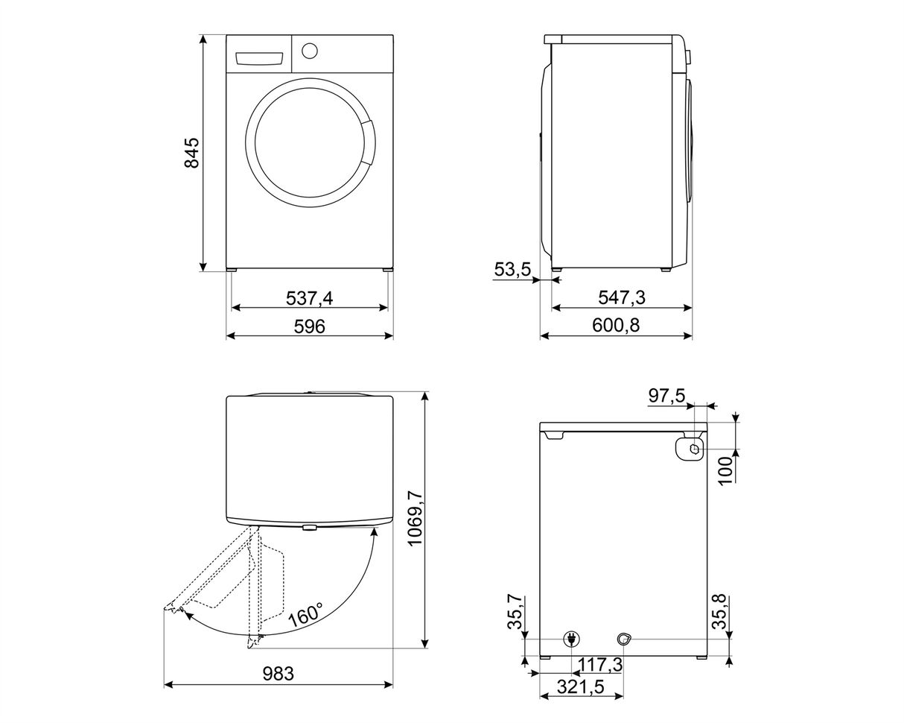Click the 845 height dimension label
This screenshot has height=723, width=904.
click(192, 153)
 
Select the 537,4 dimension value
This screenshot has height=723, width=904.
click(309, 298)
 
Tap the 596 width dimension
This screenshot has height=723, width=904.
click(309, 326)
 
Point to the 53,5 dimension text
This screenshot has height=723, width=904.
click(512, 269)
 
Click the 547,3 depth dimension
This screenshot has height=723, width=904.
click(621, 298)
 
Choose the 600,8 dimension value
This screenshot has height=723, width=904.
click(616, 326)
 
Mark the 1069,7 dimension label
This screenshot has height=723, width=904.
click(415, 518)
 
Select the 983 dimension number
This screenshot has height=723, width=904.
click(278, 674)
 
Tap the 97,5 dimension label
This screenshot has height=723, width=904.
click(666, 396)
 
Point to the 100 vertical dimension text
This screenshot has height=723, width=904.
click(726, 471)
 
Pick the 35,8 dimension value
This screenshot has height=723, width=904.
click(719, 612)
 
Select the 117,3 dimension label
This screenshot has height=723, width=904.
click(600, 664)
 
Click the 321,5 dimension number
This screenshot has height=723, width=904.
click(581, 687)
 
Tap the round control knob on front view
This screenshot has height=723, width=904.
click(310, 51)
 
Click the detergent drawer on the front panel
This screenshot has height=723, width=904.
click(259, 59)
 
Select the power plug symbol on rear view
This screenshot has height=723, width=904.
click(571, 639)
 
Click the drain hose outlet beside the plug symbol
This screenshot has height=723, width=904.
click(623, 639)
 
